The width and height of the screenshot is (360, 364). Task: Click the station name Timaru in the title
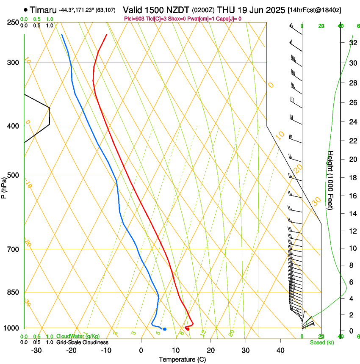43,10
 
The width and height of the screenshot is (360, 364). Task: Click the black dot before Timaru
26,10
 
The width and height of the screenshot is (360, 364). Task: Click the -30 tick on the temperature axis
36,350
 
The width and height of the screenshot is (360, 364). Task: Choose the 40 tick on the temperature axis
280,350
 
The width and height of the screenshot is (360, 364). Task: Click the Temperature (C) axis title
182,360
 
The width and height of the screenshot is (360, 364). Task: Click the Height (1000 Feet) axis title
331,180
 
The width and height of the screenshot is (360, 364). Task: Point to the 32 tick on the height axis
352,43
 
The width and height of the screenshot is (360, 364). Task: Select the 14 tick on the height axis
352,214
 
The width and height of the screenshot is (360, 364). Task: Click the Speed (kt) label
321,342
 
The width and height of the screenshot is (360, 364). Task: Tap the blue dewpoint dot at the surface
165,329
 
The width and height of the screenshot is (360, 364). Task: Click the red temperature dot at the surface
187,329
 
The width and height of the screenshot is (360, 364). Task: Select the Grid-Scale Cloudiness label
82,342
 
